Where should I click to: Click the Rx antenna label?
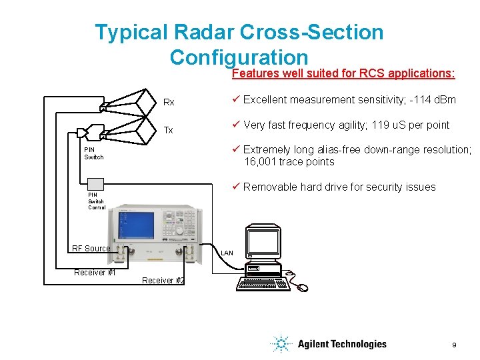click(169, 103)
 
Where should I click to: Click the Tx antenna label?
click(169, 130)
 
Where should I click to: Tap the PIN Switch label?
click(94, 153)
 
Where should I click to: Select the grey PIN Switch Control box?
click(96, 185)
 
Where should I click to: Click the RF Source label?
click(91, 249)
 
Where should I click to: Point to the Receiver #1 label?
click(95, 272)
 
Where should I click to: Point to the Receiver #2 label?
click(163, 281)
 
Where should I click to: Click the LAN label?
click(227, 253)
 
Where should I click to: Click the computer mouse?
click(303, 287)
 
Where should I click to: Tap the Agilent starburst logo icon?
click(281, 344)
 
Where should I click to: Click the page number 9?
click(454, 345)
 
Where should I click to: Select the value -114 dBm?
click(430, 100)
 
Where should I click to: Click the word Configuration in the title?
click(239, 57)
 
